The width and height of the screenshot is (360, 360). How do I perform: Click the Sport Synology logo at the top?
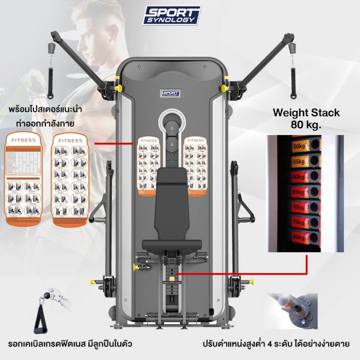tap(172, 15)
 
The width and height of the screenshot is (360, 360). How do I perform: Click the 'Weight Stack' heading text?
tap(306, 112)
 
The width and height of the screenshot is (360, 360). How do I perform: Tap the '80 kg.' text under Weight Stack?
tap(306, 125)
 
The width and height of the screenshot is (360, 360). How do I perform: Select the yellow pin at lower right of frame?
tap(250, 279)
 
